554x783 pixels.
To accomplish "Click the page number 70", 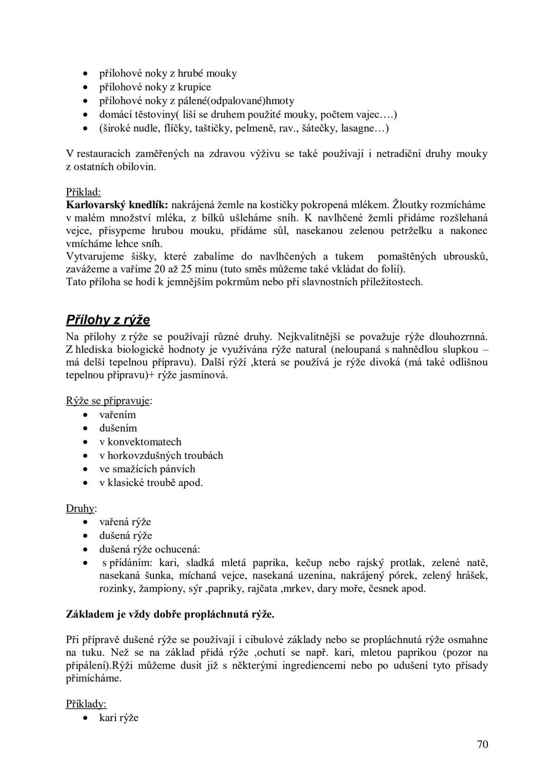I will pyautogui.click(x=482, y=745).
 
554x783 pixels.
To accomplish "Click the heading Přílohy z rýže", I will pyautogui.click(x=108, y=320).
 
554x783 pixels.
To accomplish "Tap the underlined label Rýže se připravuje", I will pyautogui.click(x=108, y=400).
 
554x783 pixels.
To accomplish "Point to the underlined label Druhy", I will pyautogui.click(x=81, y=509).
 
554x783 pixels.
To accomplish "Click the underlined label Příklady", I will pyautogui.click(x=86, y=704).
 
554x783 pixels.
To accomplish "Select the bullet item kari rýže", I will pyautogui.click(x=118, y=718).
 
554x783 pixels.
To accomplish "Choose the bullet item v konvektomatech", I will pyautogui.click(x=140, y=442).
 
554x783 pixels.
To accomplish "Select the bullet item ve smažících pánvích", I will pyautogui.click(x=147, y=469).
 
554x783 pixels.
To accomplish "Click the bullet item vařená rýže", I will pyautogui.click(x=125, y=522).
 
